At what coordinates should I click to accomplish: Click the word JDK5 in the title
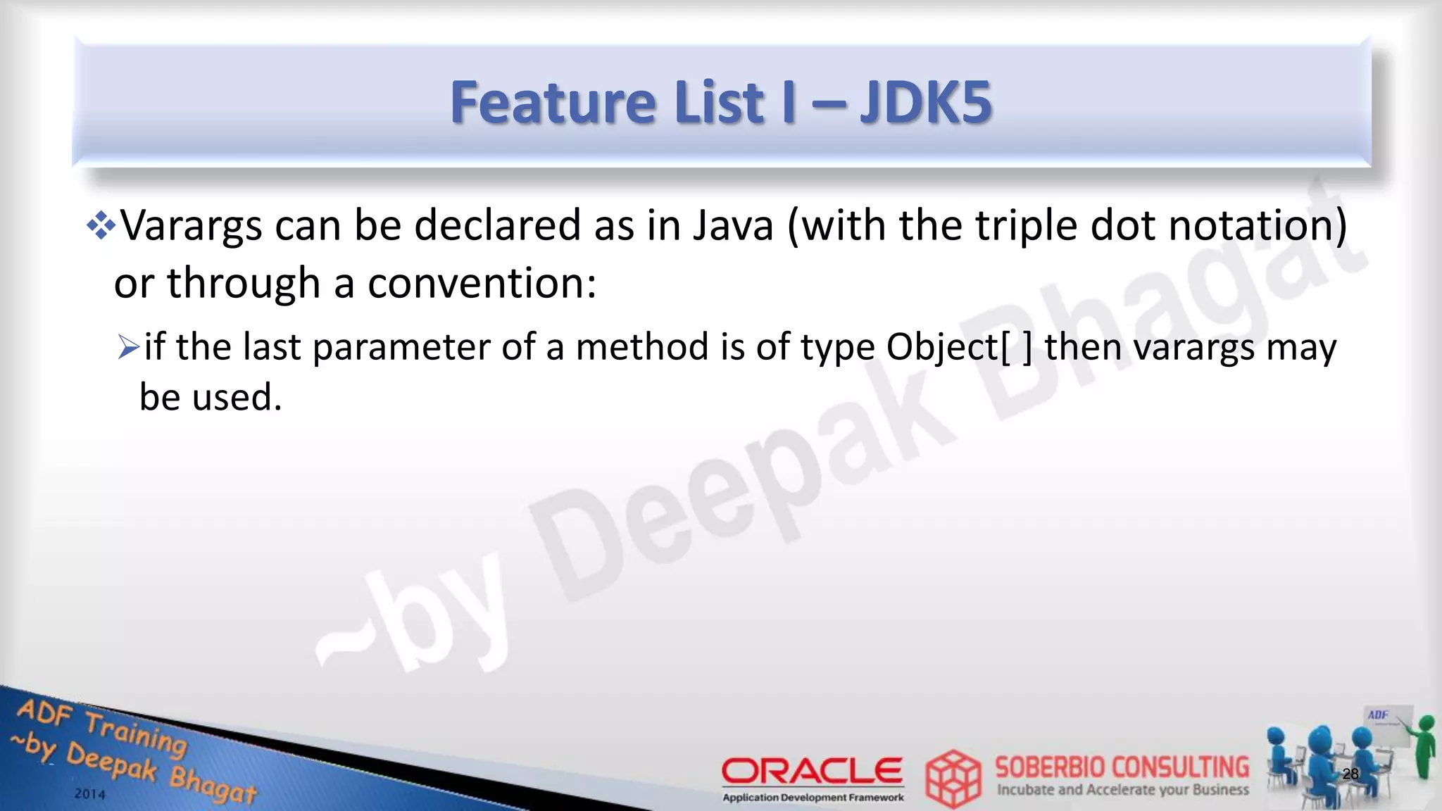click(925, 103)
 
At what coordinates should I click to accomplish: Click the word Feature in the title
click(553, 103)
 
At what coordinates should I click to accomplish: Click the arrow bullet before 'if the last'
click(129, 347)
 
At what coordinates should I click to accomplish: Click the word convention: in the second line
click(482, 283)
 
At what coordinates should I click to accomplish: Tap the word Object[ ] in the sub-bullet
click(959, 347)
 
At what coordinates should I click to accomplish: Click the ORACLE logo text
click(812, 771)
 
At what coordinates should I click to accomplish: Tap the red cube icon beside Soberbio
click(953, 779)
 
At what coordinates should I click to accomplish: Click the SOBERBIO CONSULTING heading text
click(1122, 767)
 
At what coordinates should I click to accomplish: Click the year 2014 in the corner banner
click(90, 794)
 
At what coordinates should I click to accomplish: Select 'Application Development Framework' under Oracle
click(813, 798)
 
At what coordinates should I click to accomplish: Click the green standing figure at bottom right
click(1425, 746)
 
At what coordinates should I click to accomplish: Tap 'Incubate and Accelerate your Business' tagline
click(1122, 790)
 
